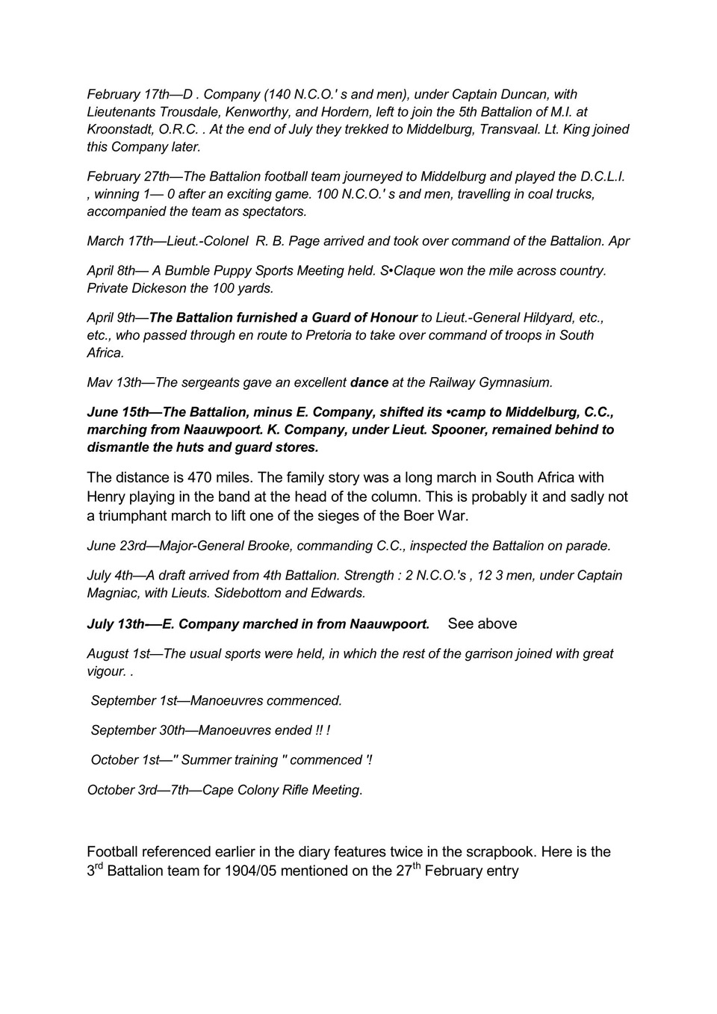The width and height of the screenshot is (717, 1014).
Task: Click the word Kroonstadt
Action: pyautogui.click(x=119, y=129)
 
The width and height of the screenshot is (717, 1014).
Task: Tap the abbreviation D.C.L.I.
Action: pyautogui.click(x=603, y=177)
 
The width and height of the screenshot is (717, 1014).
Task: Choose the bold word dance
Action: pyautogui.click(x=369, y=382)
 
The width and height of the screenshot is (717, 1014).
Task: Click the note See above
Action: pyautogui.click(x=482, y=623)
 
